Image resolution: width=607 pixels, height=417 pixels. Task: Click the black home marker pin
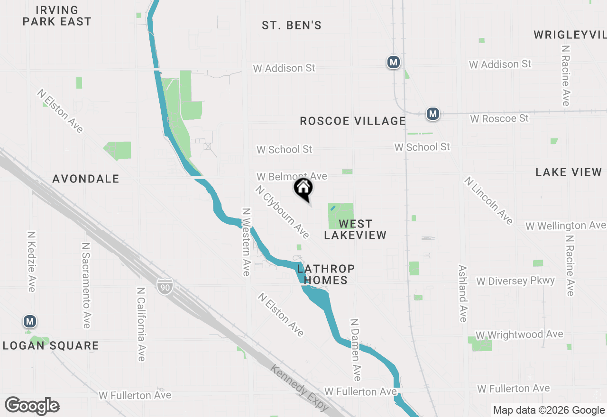303,188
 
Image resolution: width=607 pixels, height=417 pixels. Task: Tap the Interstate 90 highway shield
165,285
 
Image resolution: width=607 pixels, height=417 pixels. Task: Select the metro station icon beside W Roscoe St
432,114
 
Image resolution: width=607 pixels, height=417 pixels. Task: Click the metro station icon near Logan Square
30,322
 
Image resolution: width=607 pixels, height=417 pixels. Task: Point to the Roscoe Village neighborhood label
353,121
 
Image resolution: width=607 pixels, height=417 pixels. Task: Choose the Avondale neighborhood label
86,179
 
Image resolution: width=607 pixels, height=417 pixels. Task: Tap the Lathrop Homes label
326,275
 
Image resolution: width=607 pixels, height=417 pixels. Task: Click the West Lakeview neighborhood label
355,229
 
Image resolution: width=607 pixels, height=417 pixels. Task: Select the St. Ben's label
292,26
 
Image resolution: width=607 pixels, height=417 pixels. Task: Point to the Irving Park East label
57,16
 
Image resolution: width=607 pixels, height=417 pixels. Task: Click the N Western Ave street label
246,242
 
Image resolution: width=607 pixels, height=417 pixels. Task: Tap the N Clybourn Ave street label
282,212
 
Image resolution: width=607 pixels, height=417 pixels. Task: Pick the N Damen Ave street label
355,349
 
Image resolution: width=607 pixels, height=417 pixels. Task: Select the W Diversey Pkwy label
515,281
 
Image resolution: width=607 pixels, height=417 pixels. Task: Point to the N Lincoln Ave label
488,200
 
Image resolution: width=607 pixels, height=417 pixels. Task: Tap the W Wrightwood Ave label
519,335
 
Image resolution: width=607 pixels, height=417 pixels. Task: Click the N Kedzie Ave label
31,262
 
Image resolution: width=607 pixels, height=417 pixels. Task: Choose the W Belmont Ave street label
292,176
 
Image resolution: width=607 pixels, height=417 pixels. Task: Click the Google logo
32,406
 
